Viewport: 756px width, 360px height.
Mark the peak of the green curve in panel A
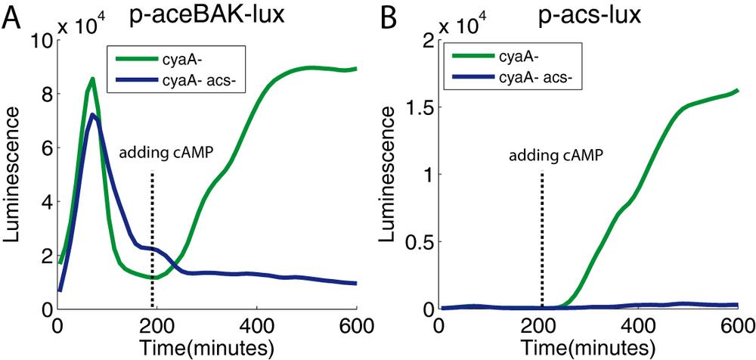pos(92,78)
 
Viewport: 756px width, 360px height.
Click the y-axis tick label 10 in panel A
pos(39,42)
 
